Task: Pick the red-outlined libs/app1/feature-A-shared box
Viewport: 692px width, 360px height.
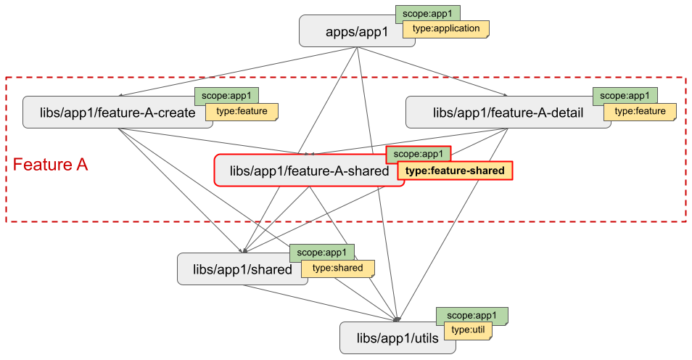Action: click(308, 171)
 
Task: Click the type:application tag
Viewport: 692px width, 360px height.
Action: click(446, 29)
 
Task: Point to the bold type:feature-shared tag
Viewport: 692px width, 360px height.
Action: click(455, 171)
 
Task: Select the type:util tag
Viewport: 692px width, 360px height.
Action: click(468, 330)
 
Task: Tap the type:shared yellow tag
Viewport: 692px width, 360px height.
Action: click(337, 268)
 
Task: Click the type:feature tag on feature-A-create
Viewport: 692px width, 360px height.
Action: click(242, 112)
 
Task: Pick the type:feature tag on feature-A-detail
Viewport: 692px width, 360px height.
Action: click(640, 112)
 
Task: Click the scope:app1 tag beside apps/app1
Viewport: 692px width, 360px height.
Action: click(427, 13)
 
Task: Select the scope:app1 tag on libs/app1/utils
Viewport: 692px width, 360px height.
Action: click(471, 316)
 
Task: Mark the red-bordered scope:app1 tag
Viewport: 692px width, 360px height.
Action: click(418, 154)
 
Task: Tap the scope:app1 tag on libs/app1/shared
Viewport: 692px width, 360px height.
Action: click(321, 253)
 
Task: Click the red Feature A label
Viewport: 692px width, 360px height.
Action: click(50, 165)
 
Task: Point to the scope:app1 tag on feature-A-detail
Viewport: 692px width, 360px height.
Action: click(625, 95)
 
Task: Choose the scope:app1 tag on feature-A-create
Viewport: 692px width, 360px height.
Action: click(226, 95)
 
